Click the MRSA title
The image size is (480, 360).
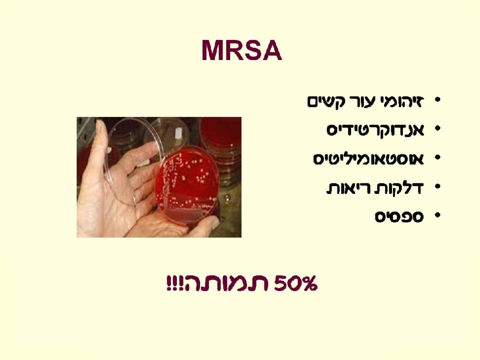[x=241, y=51]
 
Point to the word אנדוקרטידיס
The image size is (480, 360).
[x=375, y=130]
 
